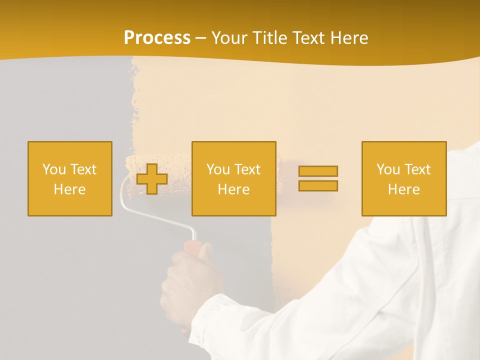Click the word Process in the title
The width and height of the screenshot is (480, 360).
coord(157,38)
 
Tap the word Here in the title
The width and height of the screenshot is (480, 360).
coord(346,38)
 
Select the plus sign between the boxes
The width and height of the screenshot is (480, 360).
coord(152,179)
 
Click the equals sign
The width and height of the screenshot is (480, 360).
coord(318,178)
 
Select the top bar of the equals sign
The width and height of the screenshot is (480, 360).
coord(318,171)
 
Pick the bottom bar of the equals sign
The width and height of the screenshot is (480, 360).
coord(318,186)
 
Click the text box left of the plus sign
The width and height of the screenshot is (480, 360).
coord(70,178)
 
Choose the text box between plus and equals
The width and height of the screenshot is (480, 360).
coord(233,178)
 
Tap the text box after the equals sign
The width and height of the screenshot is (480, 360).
coord(403,178)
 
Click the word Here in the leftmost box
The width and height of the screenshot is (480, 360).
coord(70,189)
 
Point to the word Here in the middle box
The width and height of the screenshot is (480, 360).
coord(233,189)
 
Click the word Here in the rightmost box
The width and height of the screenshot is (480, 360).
coord(403,189)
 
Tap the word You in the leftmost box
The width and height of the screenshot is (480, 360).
coord(53,169)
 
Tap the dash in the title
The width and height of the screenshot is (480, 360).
coord(201,38)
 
